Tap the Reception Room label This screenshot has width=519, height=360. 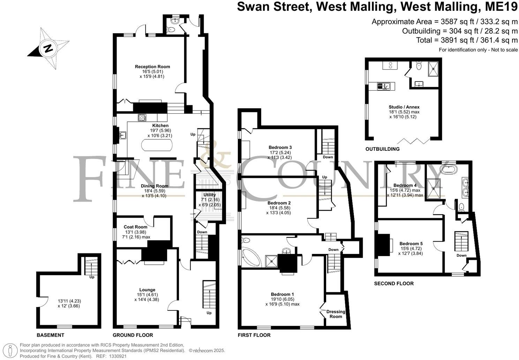coord(152,67)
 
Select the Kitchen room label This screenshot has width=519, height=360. coord(160,126)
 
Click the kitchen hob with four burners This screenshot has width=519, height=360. coord(142,118)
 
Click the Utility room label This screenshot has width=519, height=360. coord(210,195)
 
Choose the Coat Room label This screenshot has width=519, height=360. coord(135,227)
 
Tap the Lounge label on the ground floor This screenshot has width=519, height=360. coord(147,290)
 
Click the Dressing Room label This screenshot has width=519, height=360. coord(336,314)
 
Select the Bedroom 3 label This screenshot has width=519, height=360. coord(280,147)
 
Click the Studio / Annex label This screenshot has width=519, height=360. coord(404,107)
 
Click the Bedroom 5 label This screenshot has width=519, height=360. coord(411,243)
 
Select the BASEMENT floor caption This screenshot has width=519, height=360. coord(51,335)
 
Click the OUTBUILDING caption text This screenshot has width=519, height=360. coord(382,149)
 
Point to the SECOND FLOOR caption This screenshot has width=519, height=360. coord(394,284)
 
